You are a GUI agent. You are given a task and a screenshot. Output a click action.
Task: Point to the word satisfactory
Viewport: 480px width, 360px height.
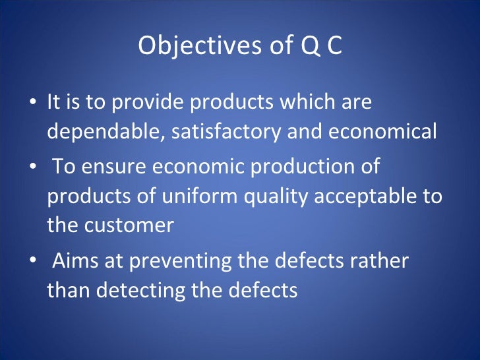coord(226,132)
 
